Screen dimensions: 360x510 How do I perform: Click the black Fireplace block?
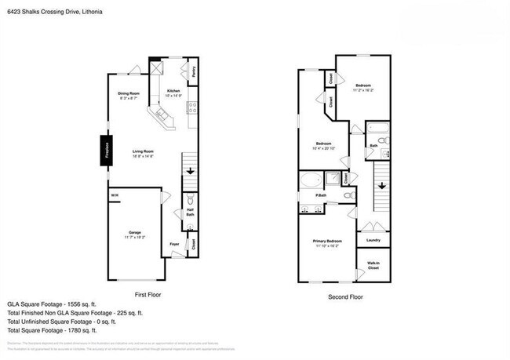pos(102,149)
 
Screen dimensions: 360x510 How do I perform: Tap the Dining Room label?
pos(128,96)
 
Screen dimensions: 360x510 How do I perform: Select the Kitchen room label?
pos(174,93)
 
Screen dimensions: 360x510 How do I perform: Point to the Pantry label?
pos(193,78)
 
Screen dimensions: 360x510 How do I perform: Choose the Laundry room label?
pos(373,240)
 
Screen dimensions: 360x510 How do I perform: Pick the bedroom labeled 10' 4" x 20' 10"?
pos(324,145)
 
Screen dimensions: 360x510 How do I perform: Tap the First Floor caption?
pos(148,295)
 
